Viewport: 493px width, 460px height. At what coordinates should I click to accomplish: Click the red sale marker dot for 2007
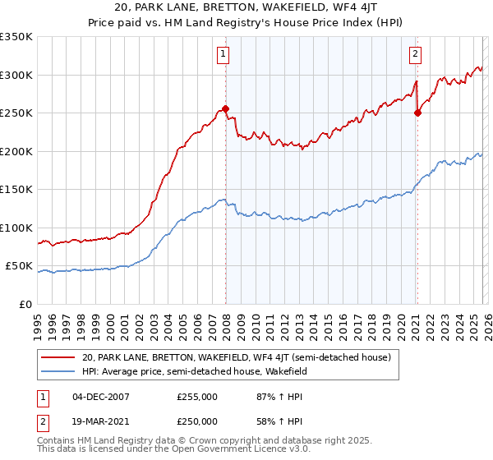pyautogui.click(x=225, y=108)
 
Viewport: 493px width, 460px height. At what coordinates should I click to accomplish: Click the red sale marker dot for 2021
pyautogui.click(x=417, y=113)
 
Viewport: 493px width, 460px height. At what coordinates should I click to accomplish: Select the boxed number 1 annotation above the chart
pyautogui.click(x=223, y=55)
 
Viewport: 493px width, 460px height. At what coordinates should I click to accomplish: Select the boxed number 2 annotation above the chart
pyautogui.click(x=416, y=55)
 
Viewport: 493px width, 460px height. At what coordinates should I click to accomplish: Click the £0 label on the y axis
pyautogui.click(x=26, y=304)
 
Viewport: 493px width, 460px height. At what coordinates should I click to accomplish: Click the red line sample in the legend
pyautogui.click(x=59, y=357)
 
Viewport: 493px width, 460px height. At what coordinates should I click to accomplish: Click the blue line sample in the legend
pyautogui.click(x=59, y=371)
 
